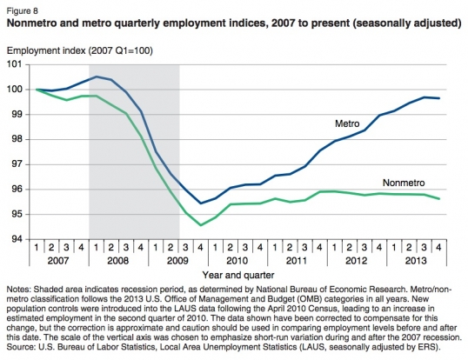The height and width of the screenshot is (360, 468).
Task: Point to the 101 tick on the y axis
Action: point(17,63)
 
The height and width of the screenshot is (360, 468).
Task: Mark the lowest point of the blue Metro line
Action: point(201,203)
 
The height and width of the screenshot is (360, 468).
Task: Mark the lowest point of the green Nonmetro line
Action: point(201,225)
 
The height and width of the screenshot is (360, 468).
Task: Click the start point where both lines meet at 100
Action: point(37,89)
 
